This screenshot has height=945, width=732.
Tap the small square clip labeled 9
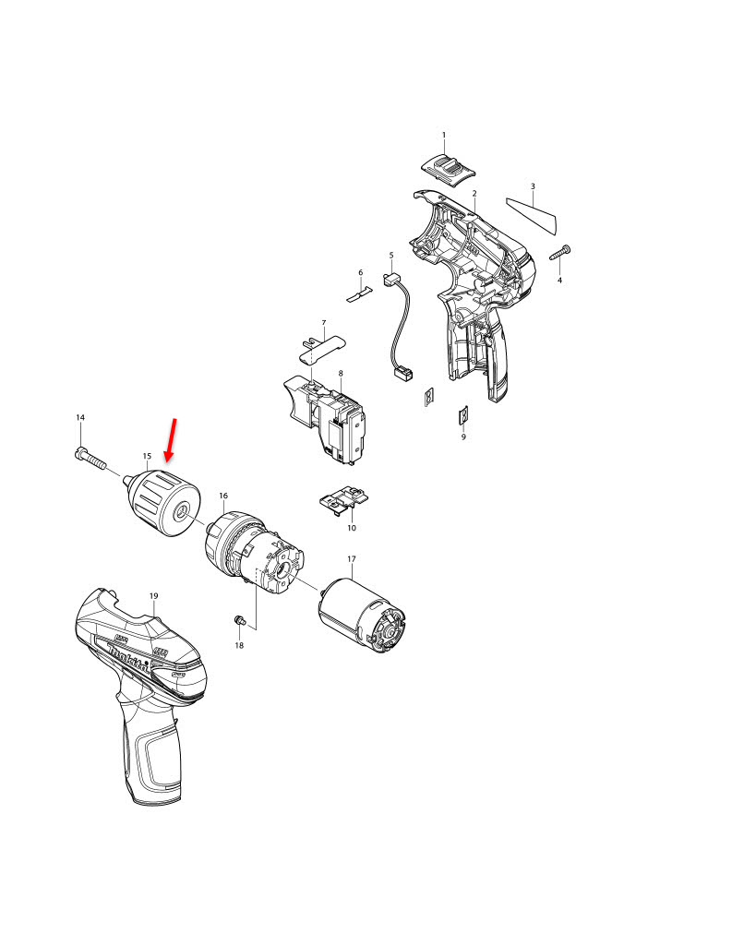point(463,417)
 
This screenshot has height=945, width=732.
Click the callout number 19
point(154,595)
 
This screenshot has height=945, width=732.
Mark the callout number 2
point(474,193)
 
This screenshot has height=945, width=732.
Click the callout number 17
point(351,559)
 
